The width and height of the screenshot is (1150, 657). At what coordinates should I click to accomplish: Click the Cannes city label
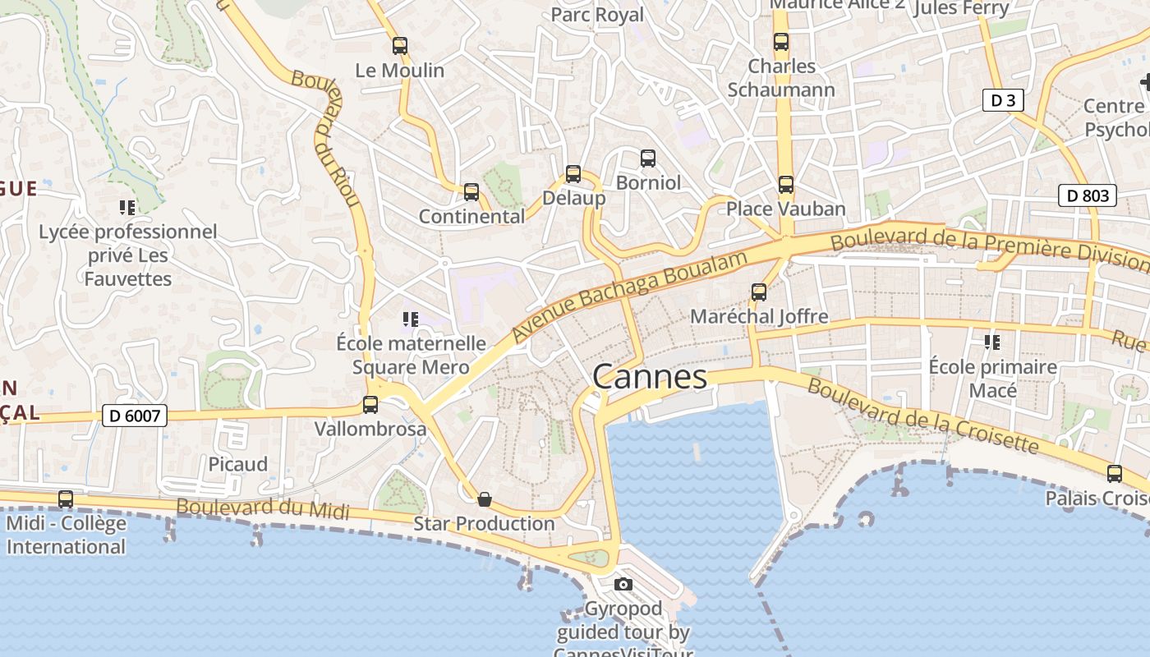pos(649,377)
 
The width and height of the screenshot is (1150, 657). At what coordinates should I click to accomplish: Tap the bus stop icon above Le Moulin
pos(400,46)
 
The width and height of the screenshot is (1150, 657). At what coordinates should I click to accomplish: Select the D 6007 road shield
pos(135,416)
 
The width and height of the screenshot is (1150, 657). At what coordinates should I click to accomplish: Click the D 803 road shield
pos(1088,195)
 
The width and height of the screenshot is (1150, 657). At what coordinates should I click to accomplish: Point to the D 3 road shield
pos(1003,101)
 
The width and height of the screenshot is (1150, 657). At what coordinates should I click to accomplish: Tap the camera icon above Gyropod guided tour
pos(623,584)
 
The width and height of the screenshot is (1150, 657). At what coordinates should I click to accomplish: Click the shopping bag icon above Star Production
pos(485,498)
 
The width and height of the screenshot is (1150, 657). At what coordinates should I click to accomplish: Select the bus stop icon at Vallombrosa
pos(370,404)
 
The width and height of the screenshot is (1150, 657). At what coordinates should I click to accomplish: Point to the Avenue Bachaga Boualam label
pos(630,296)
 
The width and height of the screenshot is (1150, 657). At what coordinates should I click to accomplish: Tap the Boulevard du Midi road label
pos(263,509)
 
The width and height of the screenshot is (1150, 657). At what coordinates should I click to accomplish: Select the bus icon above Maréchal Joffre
pos(759,292)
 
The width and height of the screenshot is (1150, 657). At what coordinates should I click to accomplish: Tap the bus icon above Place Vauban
pos(786,185)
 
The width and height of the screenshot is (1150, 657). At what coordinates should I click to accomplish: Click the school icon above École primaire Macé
pos(992,342)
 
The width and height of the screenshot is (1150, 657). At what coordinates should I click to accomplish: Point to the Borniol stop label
pos(648,182)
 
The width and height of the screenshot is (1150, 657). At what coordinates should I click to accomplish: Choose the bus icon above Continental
pos(471,192)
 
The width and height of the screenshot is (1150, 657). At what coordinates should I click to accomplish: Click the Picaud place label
pos(237,464)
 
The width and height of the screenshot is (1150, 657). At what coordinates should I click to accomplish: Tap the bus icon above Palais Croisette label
pos(1115,473)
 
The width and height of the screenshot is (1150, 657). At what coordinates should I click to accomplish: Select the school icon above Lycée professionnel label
pos(127,207)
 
